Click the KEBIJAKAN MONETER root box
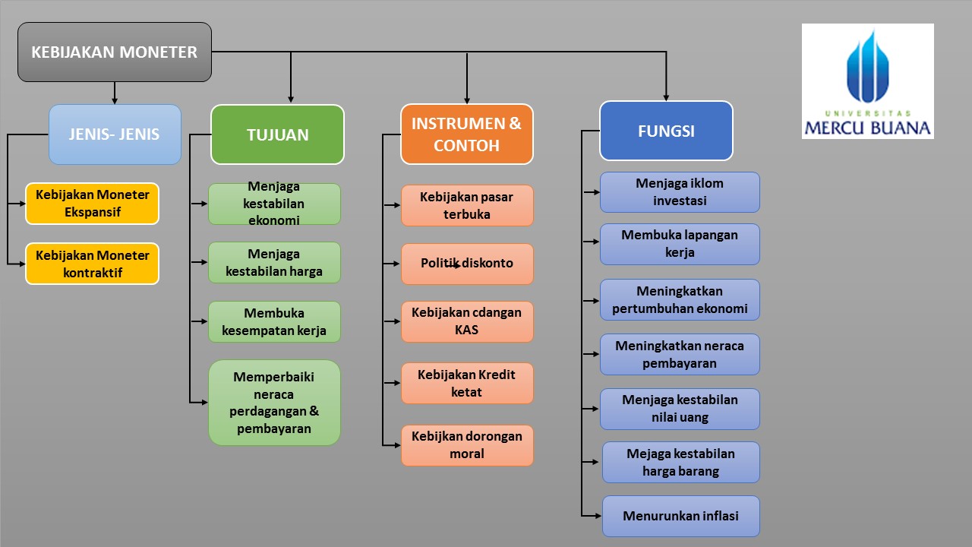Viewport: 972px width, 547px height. click(115, 52)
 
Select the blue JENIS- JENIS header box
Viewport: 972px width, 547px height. click(115, 134)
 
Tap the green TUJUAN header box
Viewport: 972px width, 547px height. click(277, 134)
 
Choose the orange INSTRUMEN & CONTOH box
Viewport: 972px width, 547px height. click(466, 134)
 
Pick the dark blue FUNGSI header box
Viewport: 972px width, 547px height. click(666, 131)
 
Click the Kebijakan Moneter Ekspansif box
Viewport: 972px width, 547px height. click(92, 203)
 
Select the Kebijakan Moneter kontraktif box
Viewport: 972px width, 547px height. click(92, 264)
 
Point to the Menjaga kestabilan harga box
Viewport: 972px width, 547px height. click(274, 262)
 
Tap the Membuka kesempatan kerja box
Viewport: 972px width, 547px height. click(274, 321)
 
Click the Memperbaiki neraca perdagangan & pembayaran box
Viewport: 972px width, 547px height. click(274, 402)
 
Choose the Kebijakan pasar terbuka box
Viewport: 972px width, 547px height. click(467, 205)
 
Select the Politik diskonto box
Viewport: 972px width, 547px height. click(467, 264)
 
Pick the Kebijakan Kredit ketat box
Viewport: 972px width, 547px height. click(467, 383)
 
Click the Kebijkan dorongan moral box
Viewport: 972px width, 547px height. click(467, 445)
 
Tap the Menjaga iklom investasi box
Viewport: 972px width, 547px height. click(680, 192)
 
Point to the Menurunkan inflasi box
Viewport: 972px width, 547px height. click(680, 516)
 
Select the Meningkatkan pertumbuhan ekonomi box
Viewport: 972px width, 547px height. click(680, 299)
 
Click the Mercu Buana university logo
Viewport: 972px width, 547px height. click(867, 81)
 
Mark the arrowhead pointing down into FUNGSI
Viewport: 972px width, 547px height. click(666, 96)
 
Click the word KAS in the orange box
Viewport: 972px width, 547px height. click(466, 330)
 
